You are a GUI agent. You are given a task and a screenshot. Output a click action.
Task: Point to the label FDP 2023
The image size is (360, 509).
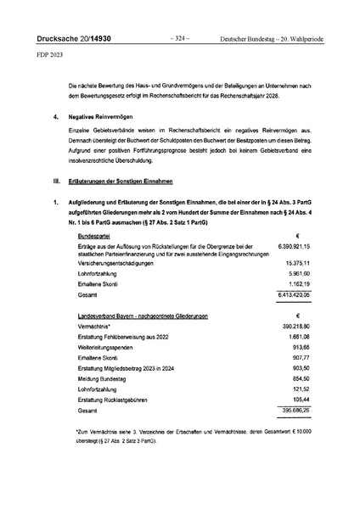tap(50, 61)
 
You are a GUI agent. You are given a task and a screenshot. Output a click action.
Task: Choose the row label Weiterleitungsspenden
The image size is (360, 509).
tap(111, 373)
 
